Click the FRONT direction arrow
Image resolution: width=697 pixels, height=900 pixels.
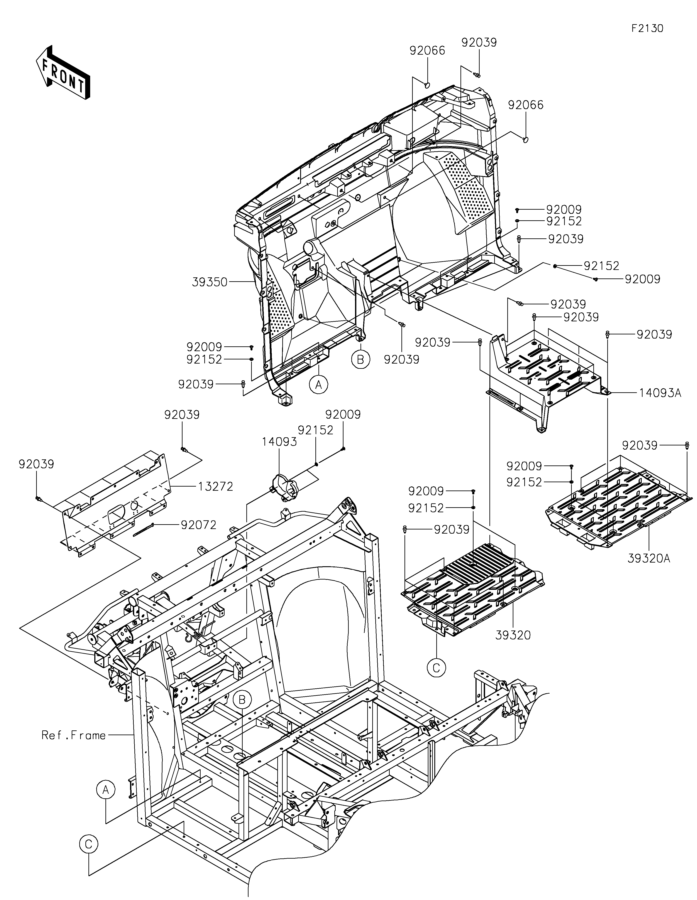coord(63,72)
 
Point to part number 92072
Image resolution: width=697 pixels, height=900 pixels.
coord(198,525)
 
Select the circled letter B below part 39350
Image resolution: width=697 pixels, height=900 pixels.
coord(360,360)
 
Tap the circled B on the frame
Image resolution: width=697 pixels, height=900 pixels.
coord(242,699)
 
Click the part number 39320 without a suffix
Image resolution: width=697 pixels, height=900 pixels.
coord(513,635)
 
